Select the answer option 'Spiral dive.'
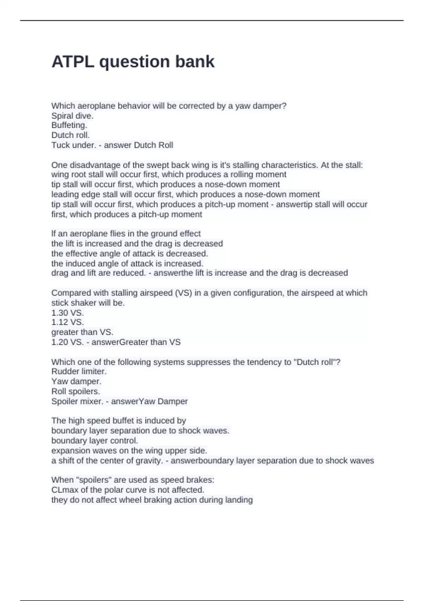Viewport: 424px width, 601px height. (x=72, y=116)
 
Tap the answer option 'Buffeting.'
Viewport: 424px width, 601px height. (x=69, y=125)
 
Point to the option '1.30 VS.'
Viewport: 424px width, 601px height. (x=67, y=313)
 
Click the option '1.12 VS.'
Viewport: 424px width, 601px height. (x=67, y=322)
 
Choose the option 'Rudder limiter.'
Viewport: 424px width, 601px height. (x=79, y=371)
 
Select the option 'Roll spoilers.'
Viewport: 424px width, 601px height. (x=76, y=391)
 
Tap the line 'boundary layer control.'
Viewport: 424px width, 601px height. (x=95, y=440)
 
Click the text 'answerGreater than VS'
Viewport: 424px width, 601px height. (x=136, y=342)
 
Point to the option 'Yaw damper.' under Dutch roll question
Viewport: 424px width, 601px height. (x=76, y=381)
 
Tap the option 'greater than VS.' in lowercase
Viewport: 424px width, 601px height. (x=82, y=332)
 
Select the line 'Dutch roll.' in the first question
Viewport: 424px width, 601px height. (x=71, y=135)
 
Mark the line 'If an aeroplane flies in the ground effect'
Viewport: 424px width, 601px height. (x=126, y=233)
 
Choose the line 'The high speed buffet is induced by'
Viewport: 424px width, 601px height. (x=119, y=420)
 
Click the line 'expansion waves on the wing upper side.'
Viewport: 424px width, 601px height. (x=129, y=450)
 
